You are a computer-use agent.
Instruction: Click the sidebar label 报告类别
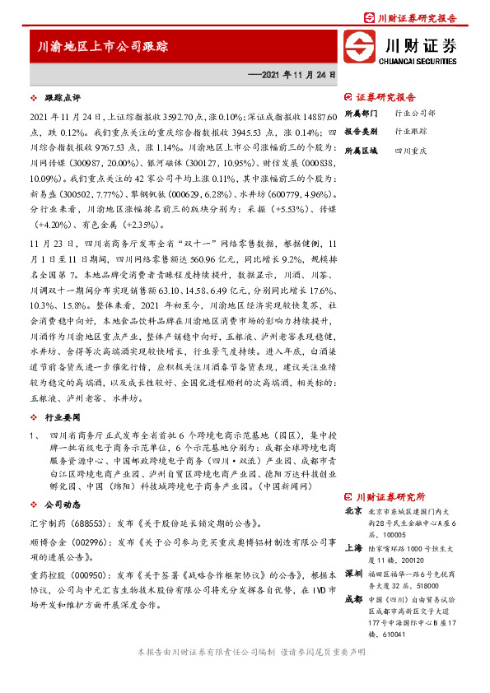coord(360,131)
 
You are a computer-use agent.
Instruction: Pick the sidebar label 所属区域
coord(360,151)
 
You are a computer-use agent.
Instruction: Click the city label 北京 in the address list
coord(354,511)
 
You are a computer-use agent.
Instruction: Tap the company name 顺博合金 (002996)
coord(64,545)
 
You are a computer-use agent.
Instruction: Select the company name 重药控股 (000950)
coord(64,576)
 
